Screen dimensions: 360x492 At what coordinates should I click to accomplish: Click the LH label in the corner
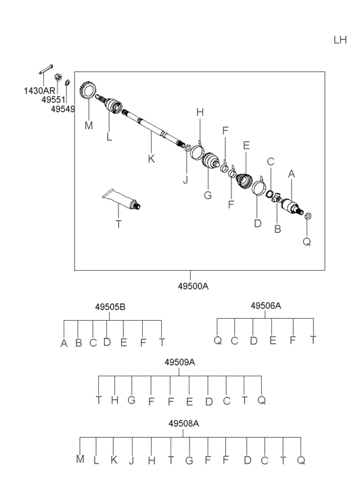tap(340, 40)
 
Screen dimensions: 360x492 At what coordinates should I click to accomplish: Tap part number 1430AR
tap(39, 91)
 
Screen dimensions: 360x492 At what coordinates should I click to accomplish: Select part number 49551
tap(53, 99)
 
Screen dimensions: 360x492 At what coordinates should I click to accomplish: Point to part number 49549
tap(63, 109)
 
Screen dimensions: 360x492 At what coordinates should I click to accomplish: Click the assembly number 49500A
tap(193, 286)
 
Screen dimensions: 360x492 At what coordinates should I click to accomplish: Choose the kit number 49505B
tap(110, 307)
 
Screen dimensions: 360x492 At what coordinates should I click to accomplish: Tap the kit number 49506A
tap(265, 305)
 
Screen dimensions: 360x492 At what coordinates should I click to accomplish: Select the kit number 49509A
tap(179, 362)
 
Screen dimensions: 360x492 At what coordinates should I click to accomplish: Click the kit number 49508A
tap(183, 423)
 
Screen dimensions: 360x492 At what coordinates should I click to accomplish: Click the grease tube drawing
tap(122, 200)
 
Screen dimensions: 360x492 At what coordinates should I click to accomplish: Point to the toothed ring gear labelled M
tap(87, 89)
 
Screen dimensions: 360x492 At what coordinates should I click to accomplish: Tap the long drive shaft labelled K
tap(153, 128)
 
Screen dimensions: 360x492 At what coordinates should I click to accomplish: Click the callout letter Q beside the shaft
tap(307, 242)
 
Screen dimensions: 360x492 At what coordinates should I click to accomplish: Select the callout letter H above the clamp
tap(200, 112)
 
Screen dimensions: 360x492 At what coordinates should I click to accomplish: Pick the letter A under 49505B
tap(64, 343)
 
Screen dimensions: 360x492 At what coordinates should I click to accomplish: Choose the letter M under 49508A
tap(80, 459)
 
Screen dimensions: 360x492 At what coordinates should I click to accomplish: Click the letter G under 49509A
tap(131, 400)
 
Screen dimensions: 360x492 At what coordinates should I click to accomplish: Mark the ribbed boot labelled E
tap(244, 181)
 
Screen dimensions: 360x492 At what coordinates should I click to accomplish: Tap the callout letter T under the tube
tap(118, 224)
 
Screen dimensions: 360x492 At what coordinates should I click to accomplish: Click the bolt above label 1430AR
tap(46, 69)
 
